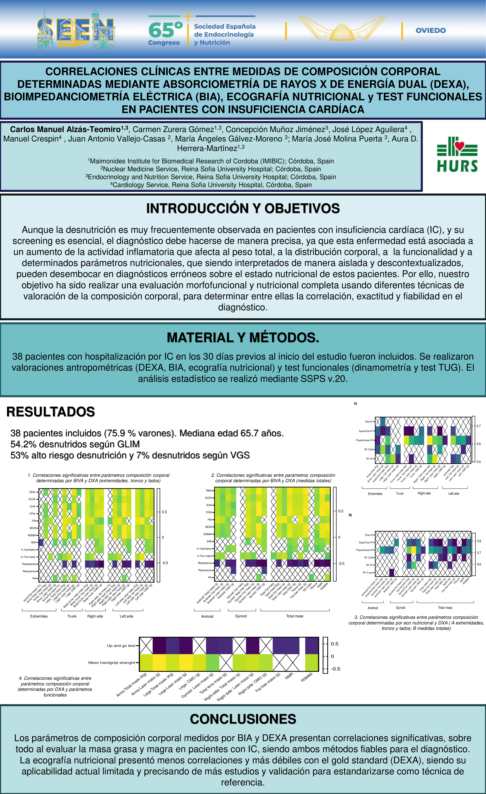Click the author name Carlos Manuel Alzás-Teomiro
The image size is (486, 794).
[x=65, y=129]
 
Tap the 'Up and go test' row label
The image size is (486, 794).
[x=121, y=646]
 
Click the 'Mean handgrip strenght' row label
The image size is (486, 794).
[x=111, y=662]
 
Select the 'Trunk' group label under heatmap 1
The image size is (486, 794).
[x=72, y=616]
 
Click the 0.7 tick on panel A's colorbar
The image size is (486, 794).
[x=479, y=426]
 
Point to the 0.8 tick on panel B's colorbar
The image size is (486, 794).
[x=479, y=541]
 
